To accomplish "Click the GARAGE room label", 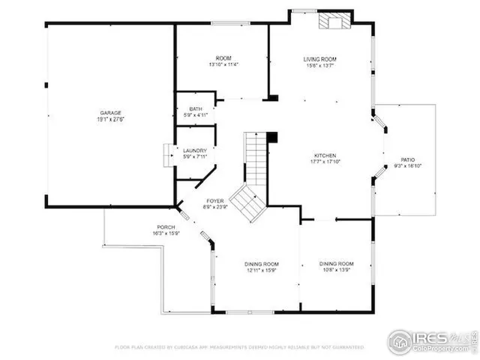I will point(112,112).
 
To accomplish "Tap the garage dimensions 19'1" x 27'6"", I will point(112,119).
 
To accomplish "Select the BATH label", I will point(196,109).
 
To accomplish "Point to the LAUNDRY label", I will point(196,150).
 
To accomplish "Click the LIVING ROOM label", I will point(319,59).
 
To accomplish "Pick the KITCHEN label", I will point(325,154).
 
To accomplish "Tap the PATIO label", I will point(408,159).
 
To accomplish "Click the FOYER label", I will point(216,201).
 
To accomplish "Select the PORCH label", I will point(166,227).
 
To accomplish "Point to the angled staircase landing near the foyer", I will point(247,202).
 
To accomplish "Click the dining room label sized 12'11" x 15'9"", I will point(262,264).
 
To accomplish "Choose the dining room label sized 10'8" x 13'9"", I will point(336,264).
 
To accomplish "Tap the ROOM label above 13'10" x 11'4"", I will point(223,58).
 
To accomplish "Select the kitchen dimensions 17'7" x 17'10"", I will point(325,161).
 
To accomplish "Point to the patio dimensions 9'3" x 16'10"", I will point(408,166).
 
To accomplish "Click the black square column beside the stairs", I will point(272,137).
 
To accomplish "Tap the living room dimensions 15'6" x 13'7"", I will point(319,66).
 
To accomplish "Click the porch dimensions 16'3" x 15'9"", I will point(166,234).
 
